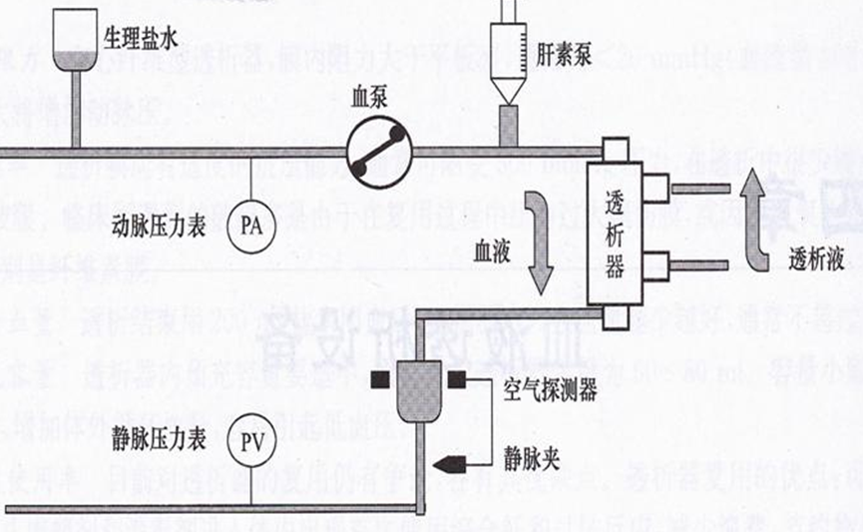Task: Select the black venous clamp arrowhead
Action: click(x=448, y=462)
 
